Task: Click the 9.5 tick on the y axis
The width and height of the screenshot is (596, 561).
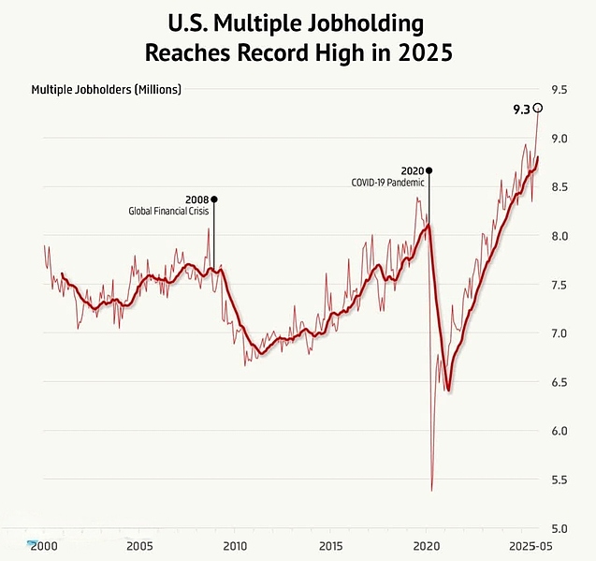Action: (560, 90)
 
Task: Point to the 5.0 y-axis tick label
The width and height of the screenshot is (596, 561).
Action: (560, 528)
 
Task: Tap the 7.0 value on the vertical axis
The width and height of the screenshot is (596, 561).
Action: (560, 333)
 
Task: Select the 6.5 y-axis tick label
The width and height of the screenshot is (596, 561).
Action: (560, 382)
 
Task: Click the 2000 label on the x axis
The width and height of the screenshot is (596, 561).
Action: (44, 545)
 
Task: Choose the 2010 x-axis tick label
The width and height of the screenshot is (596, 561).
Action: (235, 545)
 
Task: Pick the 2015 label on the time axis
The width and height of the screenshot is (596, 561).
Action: (330, 545)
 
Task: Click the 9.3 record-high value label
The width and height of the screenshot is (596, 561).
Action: (521, 110)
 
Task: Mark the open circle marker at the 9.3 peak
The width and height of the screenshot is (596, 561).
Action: (538, 108)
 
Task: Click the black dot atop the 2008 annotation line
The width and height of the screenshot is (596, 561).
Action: (214, 199)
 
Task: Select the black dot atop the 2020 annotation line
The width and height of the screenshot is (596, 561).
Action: (429, 170)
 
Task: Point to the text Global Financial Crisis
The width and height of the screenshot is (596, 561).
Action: (167, 212)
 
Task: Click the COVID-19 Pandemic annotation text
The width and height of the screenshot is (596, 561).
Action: (387, 183)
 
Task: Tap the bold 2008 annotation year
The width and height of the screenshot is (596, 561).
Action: (196, 199)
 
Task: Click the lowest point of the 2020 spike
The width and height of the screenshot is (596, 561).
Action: (431, 490)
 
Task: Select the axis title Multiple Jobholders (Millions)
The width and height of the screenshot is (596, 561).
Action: (106, 90)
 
